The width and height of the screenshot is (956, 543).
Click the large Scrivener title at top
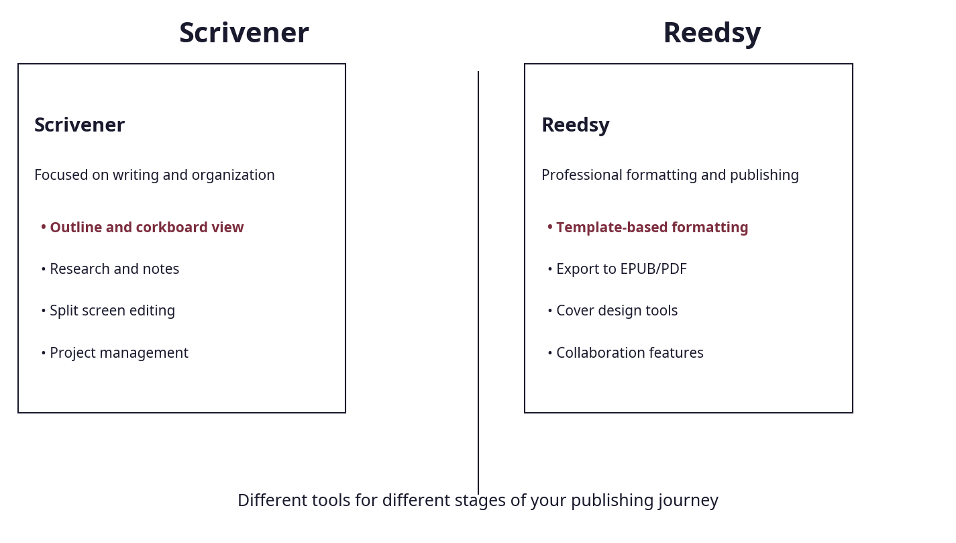(244, 34)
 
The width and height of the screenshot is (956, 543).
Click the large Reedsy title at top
(712, 34)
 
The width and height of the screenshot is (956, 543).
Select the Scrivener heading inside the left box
(79, 126)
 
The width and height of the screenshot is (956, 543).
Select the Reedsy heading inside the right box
(575, 126)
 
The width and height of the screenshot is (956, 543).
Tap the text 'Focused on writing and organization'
(154, 175)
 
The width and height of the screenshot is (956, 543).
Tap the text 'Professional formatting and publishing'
(670, 175)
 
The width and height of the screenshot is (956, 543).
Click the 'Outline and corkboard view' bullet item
(146, 228)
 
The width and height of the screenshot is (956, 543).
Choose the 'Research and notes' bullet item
(114, 269)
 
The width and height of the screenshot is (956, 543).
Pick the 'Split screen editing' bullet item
(112, 311)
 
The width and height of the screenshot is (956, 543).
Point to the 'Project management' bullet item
(119, 353)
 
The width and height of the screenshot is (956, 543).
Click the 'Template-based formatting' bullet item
(651, 228)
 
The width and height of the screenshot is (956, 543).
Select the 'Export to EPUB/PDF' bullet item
(621, 269)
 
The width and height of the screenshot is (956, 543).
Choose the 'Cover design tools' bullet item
(617, 311)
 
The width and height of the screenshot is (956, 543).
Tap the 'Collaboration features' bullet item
(629, 353)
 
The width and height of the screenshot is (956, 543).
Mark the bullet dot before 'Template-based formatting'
(549, 228)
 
